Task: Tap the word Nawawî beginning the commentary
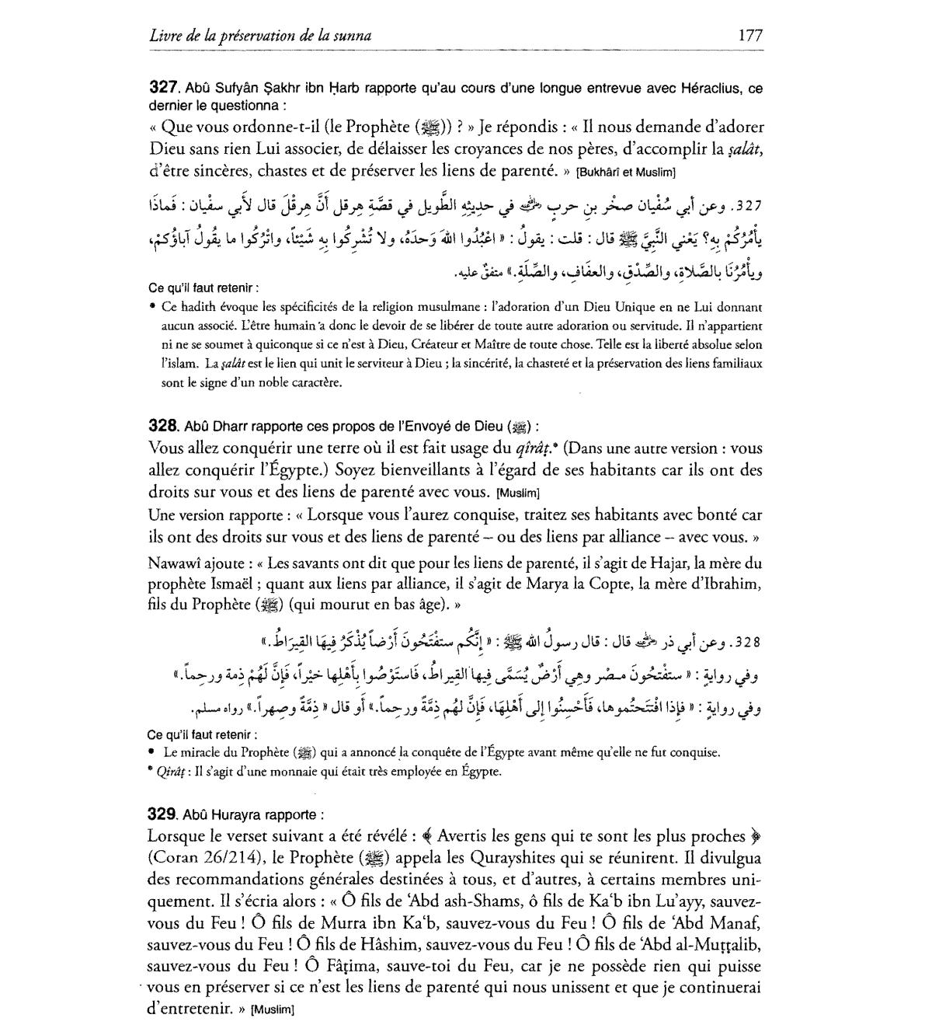pyautogui.click(x=175, y=563)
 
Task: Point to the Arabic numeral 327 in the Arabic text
pyautogui.click(x=751, y=207)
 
